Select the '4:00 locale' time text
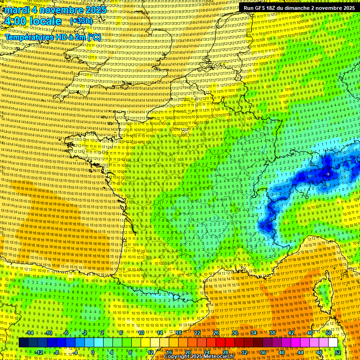32,21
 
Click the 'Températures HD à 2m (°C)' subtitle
52,37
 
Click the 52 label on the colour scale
338,352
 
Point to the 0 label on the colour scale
93,352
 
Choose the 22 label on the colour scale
197,333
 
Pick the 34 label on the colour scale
254,333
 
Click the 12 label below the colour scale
150,352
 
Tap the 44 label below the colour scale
300,352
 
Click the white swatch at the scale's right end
333,343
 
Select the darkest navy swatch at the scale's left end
23,343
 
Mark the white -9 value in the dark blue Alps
328,174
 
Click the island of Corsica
323,291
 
